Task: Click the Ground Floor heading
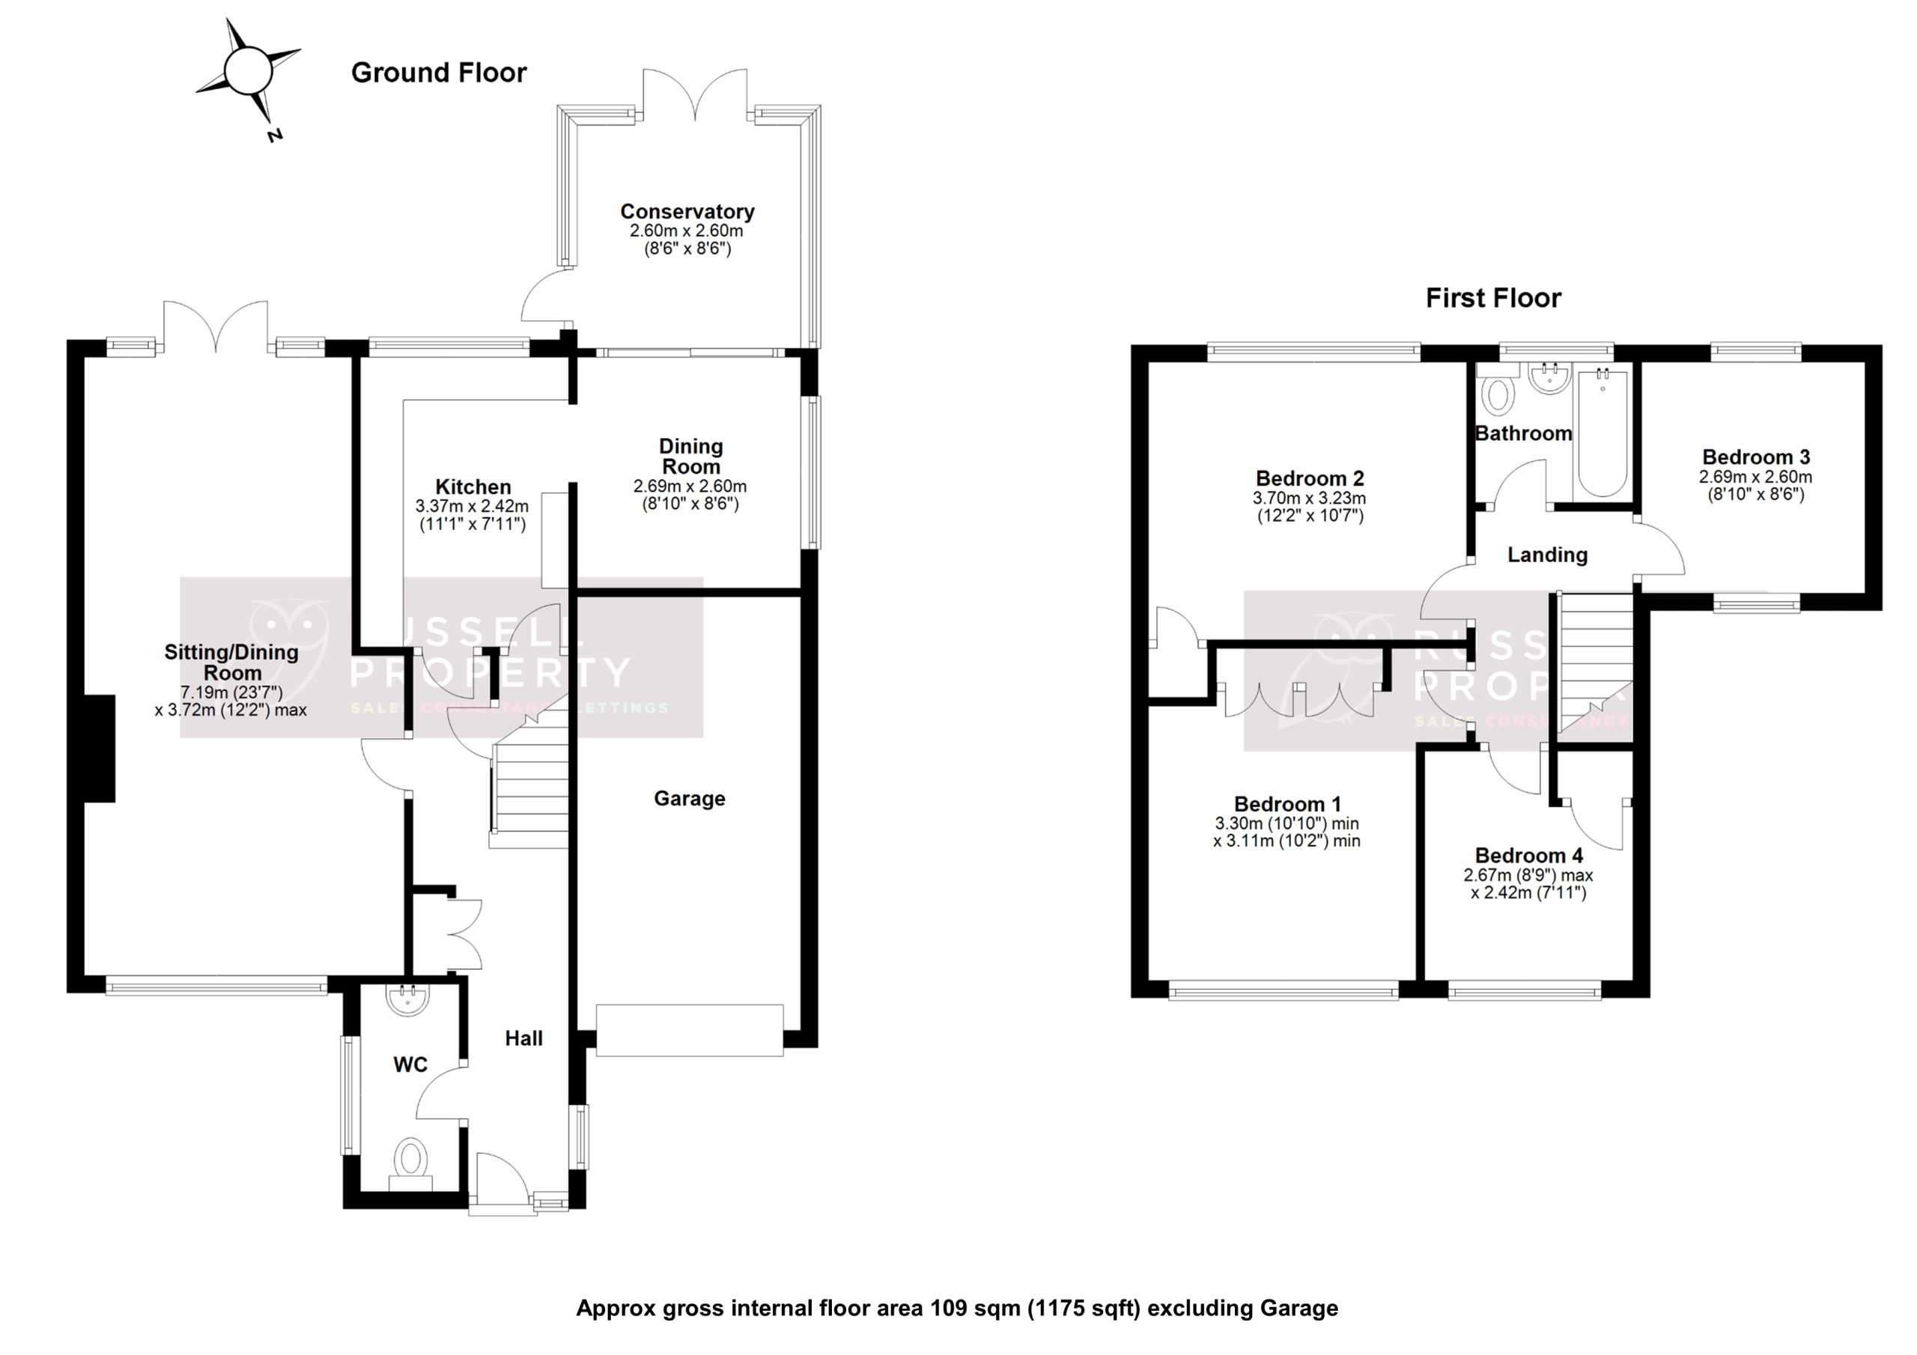tap(438, 73)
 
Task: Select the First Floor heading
tap(1493, 298)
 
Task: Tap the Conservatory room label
tap(687, 212)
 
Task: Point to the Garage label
tap(689, 799)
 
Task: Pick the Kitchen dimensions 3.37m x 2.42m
tap(472, 506)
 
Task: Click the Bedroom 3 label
tap(1756, 457)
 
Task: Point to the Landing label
tap(1547, 555)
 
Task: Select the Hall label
tap(523, 1038)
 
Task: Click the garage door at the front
tap(690, 1030)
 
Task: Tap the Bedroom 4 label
tap(1529, 856)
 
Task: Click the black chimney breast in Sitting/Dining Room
tap(100, 748)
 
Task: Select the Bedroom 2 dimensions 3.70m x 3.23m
tap(1309, 499)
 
